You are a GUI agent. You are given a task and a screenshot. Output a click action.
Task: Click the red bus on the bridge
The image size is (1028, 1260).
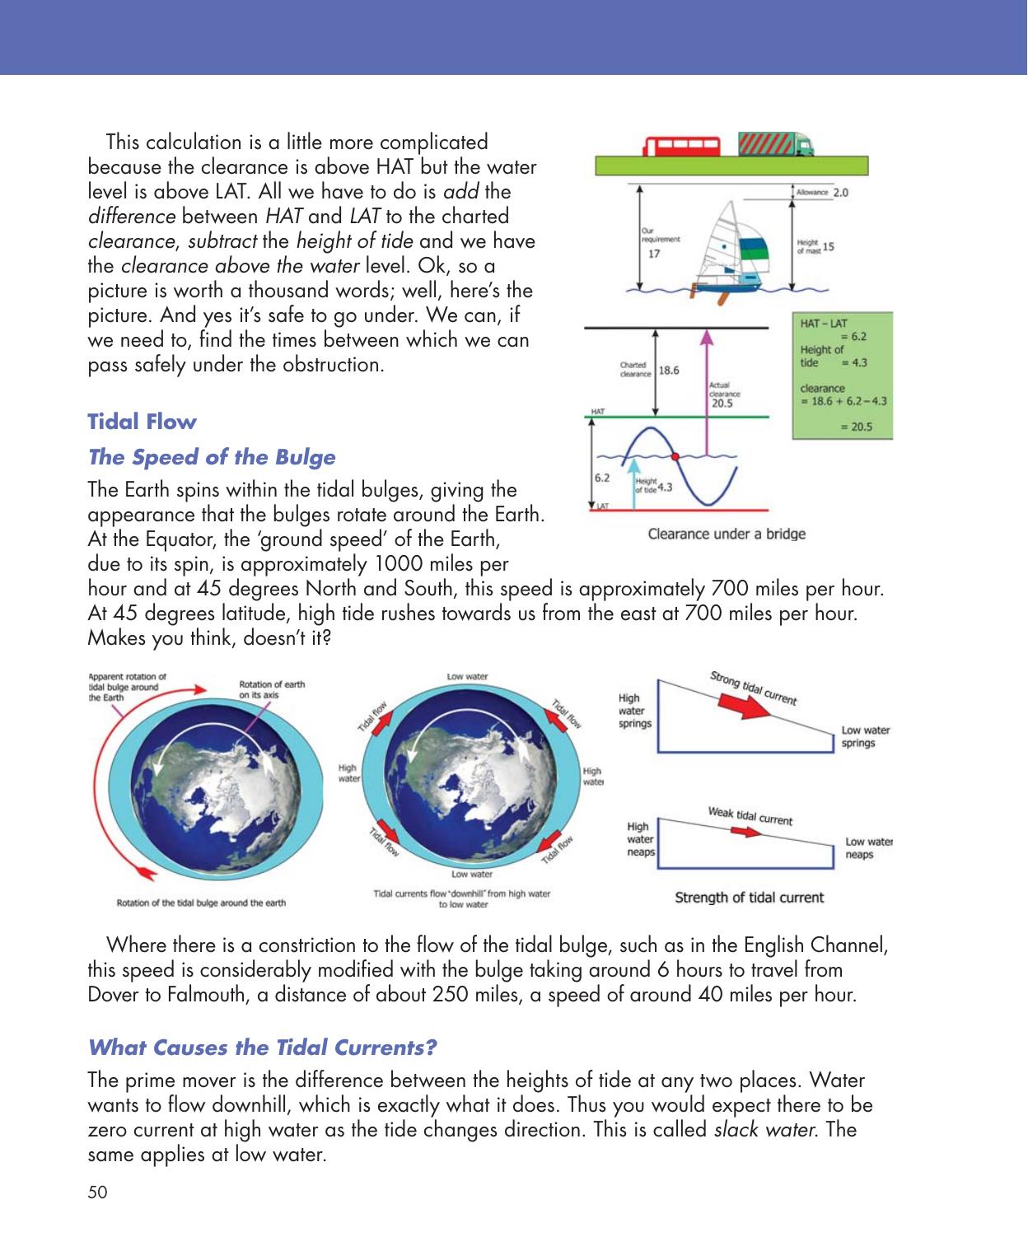[x=682, y=147]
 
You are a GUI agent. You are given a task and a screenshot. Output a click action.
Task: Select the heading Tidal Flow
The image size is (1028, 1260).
[x=142, y=422]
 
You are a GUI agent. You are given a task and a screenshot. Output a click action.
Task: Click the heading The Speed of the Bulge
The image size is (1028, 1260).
[x=212, y=457]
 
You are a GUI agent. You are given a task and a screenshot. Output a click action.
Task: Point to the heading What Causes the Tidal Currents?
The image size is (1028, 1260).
[x=262, y=1048]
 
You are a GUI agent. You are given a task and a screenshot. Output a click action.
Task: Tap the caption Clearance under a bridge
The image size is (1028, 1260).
[x=727, y=534]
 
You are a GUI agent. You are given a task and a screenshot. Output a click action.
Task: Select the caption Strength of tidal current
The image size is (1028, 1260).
[x=749, y=898]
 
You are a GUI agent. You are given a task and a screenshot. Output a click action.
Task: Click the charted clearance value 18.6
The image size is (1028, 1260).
[x=669, y=371]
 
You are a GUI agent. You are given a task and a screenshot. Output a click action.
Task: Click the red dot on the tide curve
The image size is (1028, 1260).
[x=675, y=455]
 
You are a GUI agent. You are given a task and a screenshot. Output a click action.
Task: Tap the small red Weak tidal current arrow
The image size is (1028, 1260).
[x=746, y=832]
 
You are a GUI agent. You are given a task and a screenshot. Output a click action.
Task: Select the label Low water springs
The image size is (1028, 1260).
[x=865, y=736]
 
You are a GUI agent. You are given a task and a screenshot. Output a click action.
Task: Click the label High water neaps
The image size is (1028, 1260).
[x=640, y=839]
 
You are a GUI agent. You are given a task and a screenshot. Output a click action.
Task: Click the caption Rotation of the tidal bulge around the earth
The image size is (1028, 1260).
[x=201, y=903]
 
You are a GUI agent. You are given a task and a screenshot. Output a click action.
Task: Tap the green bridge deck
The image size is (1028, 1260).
[x=731, y=166]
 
